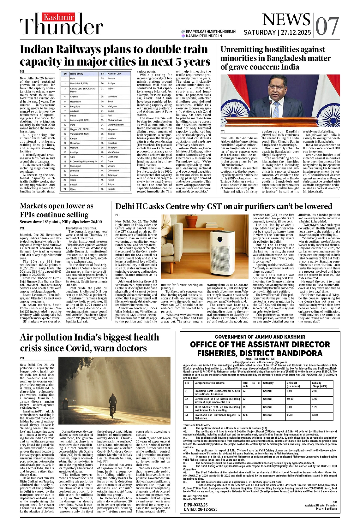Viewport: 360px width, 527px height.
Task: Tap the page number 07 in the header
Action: (327, 26)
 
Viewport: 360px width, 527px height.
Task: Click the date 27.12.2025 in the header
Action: (296, 33)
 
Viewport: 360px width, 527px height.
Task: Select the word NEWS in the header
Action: (286, 20)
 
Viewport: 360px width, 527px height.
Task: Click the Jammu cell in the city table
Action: (111, 78)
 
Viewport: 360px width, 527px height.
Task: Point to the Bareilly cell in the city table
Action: (111, 189)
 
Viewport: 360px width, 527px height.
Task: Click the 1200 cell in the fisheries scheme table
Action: (245, 415)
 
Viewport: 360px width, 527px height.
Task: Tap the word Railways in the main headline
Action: (79, 50)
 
